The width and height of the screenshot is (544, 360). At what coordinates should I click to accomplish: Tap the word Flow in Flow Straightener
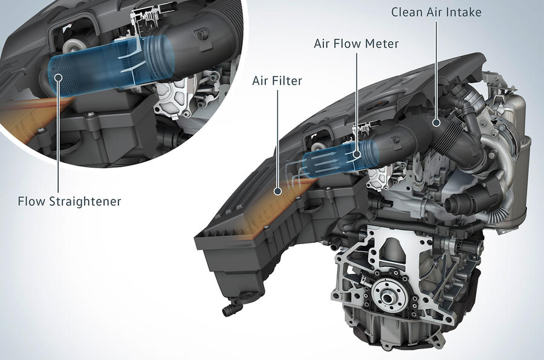point(32,201)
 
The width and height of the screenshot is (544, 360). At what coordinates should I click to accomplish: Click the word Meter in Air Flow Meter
point(381,44)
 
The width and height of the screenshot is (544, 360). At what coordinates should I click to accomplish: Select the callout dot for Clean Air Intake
point(435,122)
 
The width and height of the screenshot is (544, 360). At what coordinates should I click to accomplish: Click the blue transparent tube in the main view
point(329,160)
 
